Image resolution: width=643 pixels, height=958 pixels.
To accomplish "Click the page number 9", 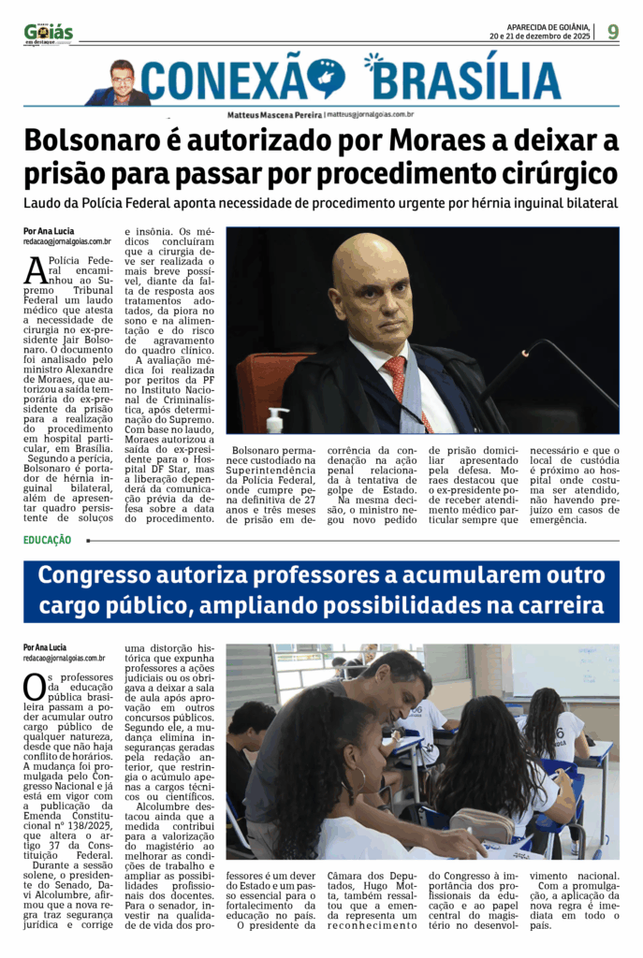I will pos(612,32).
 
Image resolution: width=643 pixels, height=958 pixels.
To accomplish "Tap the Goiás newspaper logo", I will pos(48,34).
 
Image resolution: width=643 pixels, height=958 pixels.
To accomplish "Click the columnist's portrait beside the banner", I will pos(122,82).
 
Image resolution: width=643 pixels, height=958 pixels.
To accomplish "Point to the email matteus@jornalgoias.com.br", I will pos(371,114).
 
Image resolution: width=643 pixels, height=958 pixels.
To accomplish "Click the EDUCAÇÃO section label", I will pos(48,540).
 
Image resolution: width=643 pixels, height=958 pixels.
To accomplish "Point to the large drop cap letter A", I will pos(35,269).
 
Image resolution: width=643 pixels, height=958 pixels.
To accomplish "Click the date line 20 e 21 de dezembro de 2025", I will pos(539,36).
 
